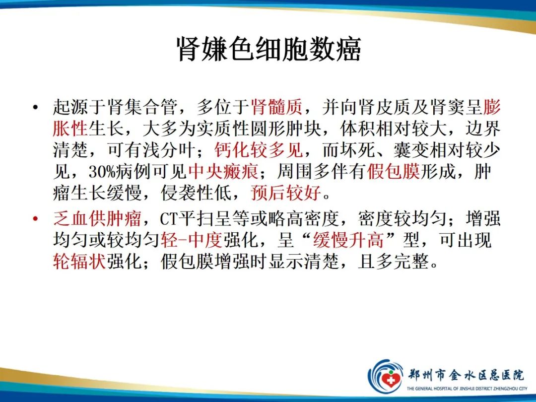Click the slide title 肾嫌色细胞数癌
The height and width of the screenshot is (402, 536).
click(268, 50)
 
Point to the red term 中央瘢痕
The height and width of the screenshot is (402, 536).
click(223, 171)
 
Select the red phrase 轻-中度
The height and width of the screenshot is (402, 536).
click(191, 241)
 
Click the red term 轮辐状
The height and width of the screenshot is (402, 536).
click(79, 262)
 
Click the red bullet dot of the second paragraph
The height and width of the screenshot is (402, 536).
click(35, 219)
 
